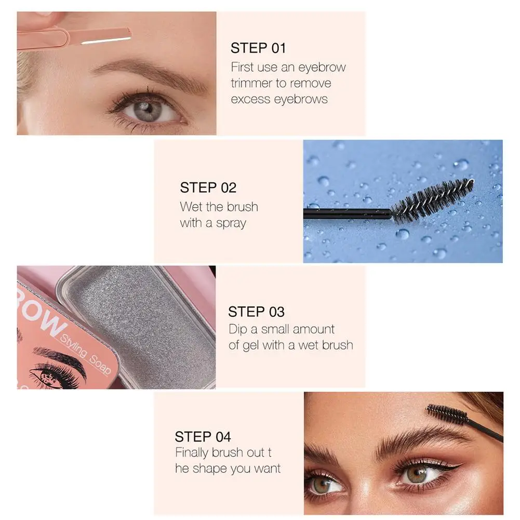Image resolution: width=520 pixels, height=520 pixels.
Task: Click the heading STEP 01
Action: click(x=258, y=48)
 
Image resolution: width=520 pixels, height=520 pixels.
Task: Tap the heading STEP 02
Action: click(x=208, y=188)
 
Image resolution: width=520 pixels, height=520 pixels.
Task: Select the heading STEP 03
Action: click(x=256, y=312)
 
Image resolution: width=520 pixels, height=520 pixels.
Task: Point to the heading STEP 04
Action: click(x=203, y=436)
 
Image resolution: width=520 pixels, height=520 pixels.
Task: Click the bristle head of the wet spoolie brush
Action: click(x=433, y=199)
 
